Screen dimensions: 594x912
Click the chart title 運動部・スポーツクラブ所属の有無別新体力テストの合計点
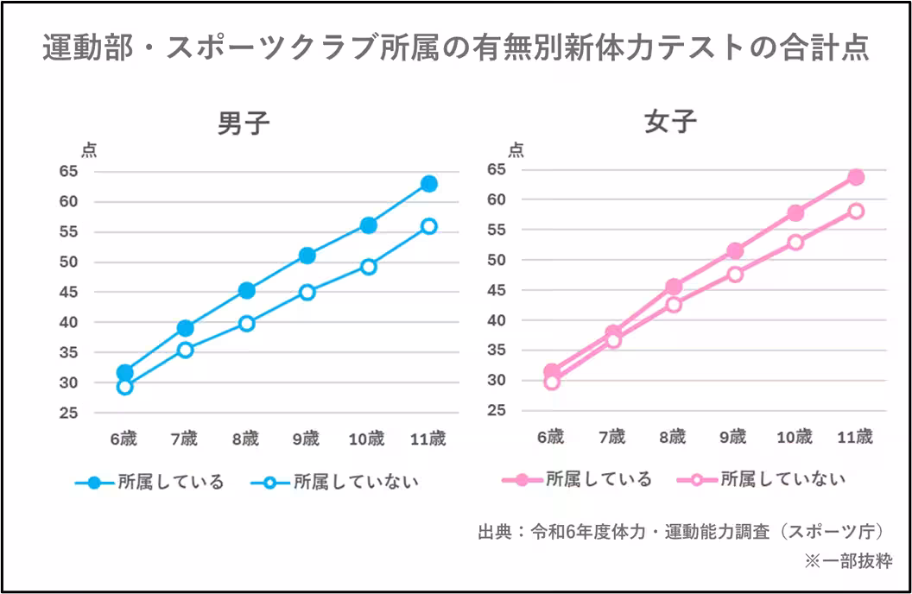(x=455, y=48)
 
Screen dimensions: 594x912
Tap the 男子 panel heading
(x=244, y=123)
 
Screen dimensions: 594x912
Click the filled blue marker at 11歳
(x=428, y=184)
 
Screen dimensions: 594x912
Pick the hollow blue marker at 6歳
(x=125, y=387)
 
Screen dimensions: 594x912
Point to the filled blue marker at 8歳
(x=247, y=290)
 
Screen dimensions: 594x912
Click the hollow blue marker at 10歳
(x=368, y=267)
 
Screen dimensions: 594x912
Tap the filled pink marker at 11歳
(x=856, y=177)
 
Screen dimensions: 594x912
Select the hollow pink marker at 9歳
(x=735, y=275)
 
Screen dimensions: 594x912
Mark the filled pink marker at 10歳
(x=795, y=212)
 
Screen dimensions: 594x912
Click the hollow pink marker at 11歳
(x=856, y=212)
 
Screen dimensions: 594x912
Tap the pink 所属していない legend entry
(x=761, y=479)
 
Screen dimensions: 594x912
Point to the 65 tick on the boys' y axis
(x=69, y=172)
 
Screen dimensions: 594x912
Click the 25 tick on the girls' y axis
(x=496, y=410)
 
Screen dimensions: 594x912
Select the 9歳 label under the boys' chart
(x=306, y=439)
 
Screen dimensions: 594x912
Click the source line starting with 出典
(x=681, y=531)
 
